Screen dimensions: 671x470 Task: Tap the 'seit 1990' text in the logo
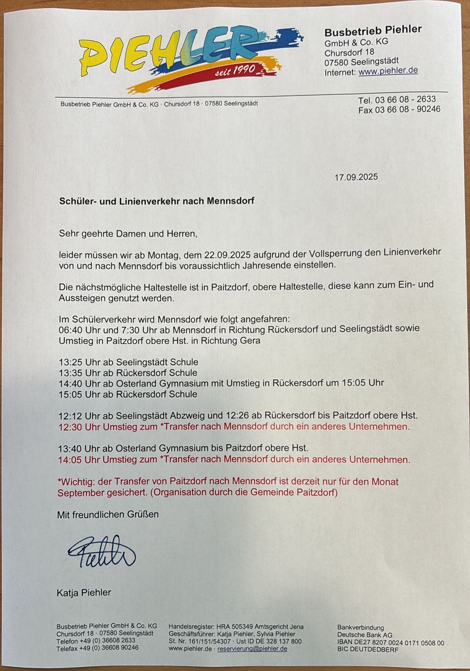pos(236,70)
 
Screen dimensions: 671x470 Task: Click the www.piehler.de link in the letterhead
pos(388,71)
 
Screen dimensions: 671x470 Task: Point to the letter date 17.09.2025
pos(356,177)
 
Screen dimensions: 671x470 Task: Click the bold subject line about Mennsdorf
pos(157,201)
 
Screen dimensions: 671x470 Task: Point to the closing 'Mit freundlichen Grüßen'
pos(108,514)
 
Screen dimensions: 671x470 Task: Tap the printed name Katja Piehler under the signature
pos(84,592)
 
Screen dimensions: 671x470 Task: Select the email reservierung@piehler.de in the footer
pos(252,649)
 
